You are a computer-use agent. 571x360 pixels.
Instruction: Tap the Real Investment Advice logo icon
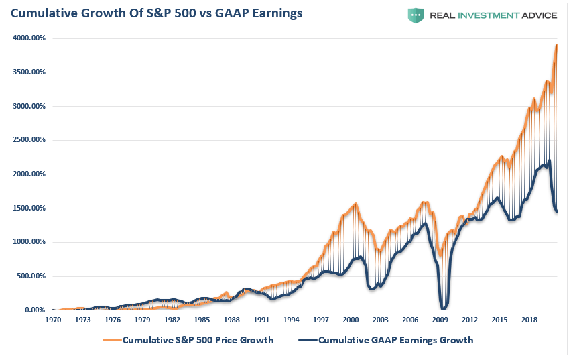tap(416, 15)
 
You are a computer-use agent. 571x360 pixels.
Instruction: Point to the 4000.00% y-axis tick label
tap(29, 38)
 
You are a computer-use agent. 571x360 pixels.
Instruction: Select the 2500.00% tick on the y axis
tap(29, 140)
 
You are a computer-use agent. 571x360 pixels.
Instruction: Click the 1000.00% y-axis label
tap(29, 242)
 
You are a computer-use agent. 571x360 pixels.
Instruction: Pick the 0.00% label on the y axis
tap(34, 310)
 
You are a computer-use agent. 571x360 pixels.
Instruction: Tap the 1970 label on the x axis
tap(53, 320)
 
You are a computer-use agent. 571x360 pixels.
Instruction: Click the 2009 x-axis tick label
tap(440, 320)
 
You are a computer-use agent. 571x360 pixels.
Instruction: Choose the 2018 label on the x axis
tap(529, 320)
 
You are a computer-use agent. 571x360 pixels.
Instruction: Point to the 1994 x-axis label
tap(292, 320)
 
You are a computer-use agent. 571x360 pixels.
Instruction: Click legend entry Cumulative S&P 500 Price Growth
tap(198, 340)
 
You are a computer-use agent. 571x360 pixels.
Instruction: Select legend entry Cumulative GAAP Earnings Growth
tap(395, 340)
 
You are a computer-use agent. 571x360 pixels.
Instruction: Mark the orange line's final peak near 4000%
tap(556, 45)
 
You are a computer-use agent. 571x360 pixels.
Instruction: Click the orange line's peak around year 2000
tap(355, 204)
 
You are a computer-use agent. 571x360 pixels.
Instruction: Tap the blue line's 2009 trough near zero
tap(442, 308)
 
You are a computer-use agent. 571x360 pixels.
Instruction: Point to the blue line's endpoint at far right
tap(557, 212)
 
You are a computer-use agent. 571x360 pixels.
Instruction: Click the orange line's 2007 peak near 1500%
tap(425, 202)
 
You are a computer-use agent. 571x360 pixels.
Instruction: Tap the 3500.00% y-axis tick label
tap(29, 72)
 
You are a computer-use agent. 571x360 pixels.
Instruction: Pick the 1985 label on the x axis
tap(202, 320)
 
